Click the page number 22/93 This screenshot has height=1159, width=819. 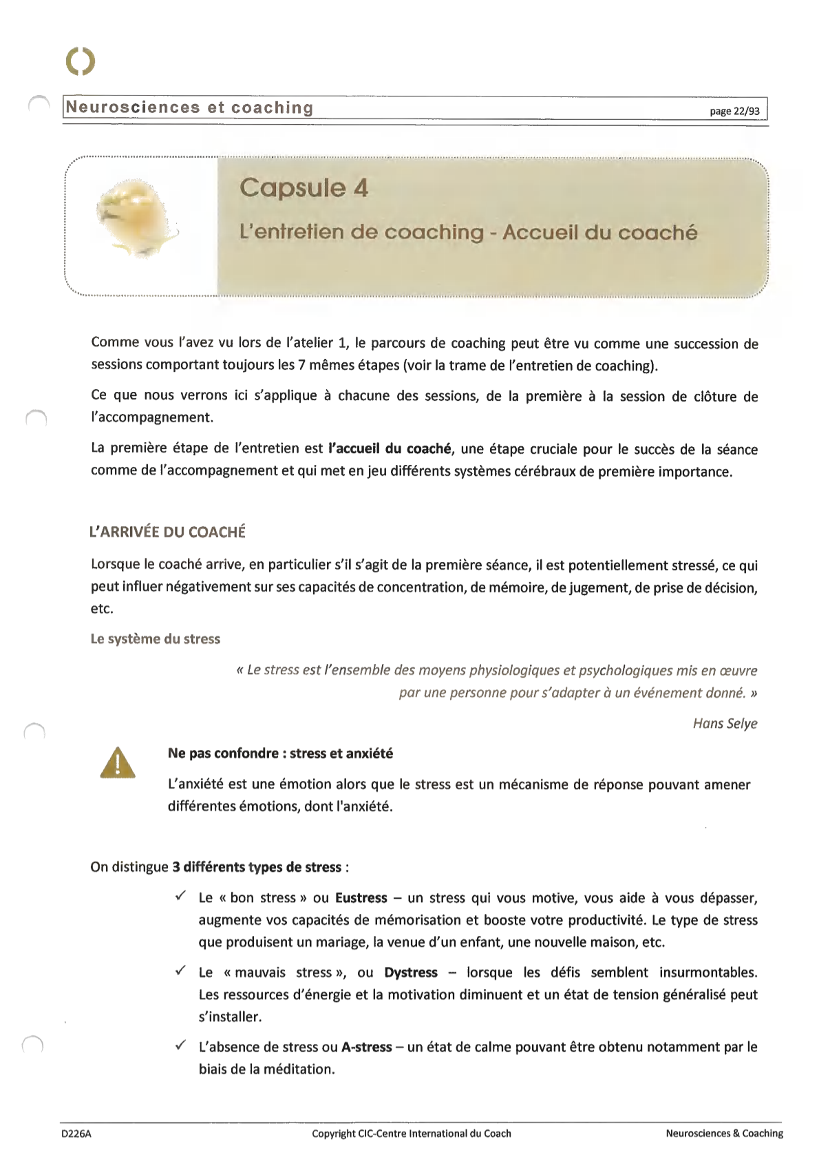pos(734,111)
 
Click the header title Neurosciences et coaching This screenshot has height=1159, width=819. pos(189,107)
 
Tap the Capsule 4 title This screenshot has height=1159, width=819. pos(304,187)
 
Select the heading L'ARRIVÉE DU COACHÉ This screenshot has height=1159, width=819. pos(167,532)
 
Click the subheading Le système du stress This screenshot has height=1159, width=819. pos(155,638)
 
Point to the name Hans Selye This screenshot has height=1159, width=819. pos(725,723)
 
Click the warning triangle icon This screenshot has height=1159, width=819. pos(117,762)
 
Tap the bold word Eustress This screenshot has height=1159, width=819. pos(361,897)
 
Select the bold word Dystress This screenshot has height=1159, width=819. pos(411,972)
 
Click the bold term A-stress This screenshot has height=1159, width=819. pos(366,1047)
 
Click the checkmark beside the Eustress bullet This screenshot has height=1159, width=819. pos(180,896)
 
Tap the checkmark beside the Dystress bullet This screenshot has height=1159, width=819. pos(180,971)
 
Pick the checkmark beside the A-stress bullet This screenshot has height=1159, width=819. pos(180,1045)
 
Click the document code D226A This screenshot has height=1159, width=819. pos(76,1134)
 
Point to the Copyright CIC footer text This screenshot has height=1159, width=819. pos(411,1134)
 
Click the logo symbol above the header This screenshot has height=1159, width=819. pos(81,61)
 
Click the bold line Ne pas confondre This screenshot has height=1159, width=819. pos(280,753)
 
